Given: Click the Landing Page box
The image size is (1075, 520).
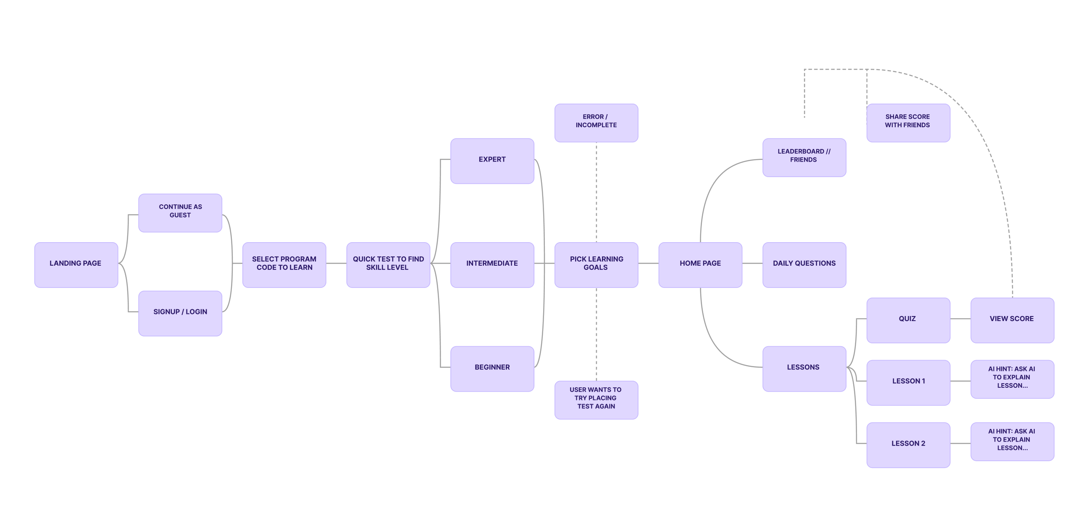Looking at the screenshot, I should pos(76,265).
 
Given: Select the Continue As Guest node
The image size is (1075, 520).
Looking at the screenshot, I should pos(180,213).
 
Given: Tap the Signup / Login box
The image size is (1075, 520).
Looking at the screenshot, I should pos(180,313).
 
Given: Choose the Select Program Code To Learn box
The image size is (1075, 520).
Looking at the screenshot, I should pos(284,265).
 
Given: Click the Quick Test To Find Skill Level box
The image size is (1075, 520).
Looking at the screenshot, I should pos(388,265).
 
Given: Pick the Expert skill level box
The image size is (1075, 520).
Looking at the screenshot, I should pos(492,161).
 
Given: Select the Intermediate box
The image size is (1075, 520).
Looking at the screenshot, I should pos(492,265).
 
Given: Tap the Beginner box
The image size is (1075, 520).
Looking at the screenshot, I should pos(492,368).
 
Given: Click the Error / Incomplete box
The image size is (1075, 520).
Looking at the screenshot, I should pos(596,123).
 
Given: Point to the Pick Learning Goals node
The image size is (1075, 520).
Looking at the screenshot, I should pos(596,265).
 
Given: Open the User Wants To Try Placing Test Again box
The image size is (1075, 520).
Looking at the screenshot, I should pos(596,400).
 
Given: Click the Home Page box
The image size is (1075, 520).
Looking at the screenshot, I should pos(700,265).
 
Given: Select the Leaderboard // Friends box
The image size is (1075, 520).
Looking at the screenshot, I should pos(804,157).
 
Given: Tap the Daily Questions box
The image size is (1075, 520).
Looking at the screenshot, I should pos(804,265).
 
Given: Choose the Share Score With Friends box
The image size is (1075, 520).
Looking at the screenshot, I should pos(908,123).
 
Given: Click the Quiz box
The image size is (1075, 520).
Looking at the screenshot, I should pos(908,320).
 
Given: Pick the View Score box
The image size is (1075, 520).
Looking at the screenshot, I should pos(1012,320).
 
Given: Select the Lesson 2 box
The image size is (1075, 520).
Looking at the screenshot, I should pos(908,445).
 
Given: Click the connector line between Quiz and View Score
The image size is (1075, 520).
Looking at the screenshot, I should pos(960,319).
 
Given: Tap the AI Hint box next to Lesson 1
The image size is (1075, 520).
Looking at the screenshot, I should pos(1012,379).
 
